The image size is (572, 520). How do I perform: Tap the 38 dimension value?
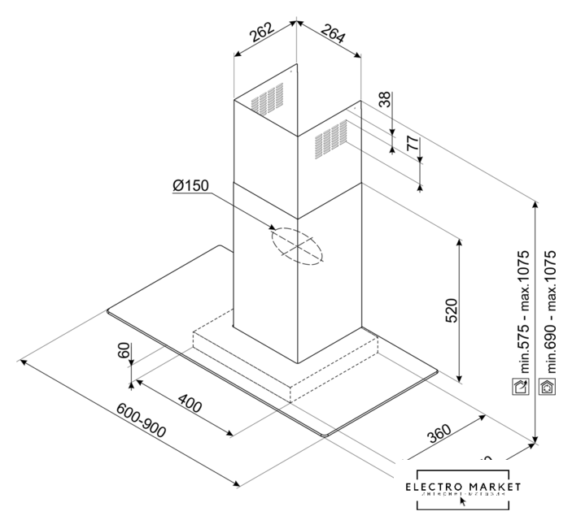click(x=384, y=100)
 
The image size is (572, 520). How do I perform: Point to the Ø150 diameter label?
click(x=191, y=186)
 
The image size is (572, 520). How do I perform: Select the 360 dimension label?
click(x=439, y=436)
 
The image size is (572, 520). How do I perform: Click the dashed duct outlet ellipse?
click(x=297, y=245)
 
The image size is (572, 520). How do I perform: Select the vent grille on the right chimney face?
click(x=330, y=137)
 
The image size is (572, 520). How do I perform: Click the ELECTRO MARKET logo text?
click(x=464, y=487)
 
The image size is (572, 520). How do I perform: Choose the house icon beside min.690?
click(x=548, y=387)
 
